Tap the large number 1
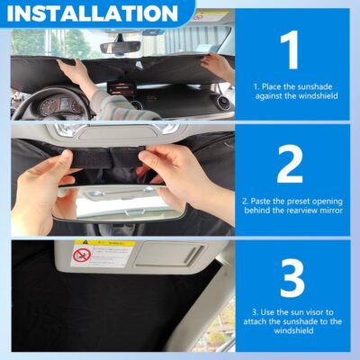[x=290, y=52]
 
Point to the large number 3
[x=290, y=279]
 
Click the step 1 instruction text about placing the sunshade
[x=291, y=92]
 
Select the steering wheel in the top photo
[x=45, y=101]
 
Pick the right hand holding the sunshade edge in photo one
[x=216, y=66]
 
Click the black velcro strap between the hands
[x=118, y=159]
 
